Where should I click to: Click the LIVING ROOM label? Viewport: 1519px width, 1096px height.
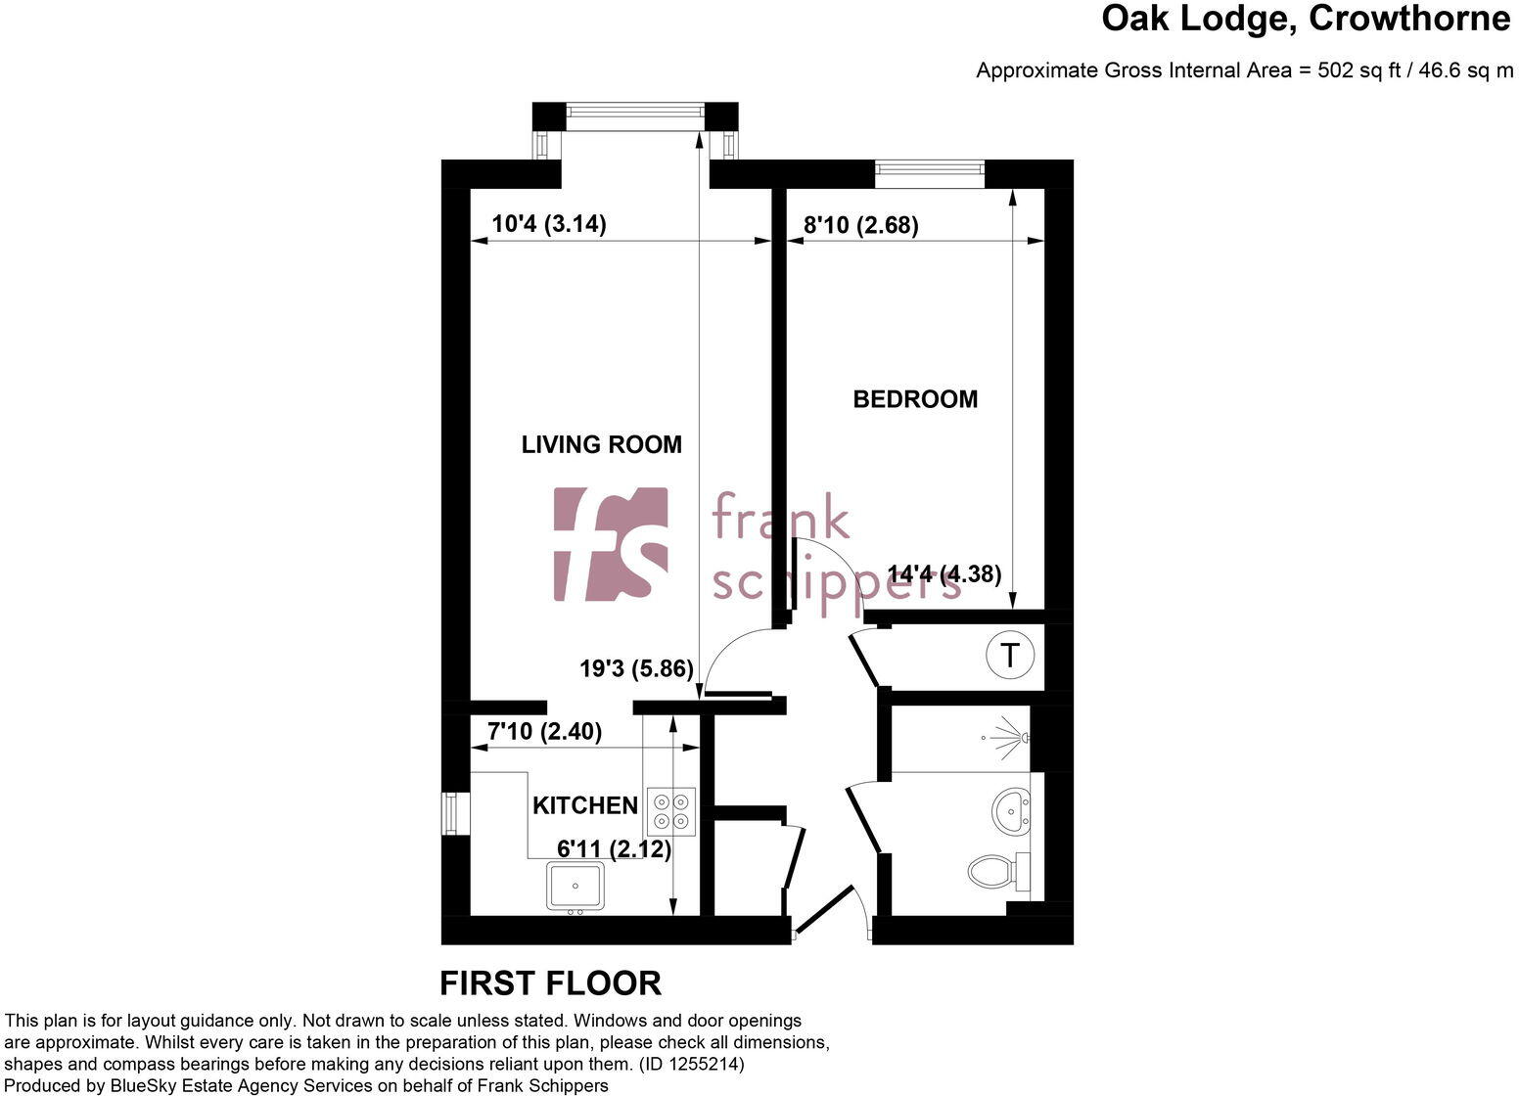tap(601, 444)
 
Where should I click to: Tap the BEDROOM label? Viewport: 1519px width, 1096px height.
tap(915, 399)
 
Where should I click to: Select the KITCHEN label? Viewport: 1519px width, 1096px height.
tap(584, 805)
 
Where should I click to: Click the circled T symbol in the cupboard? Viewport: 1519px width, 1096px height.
tap(1008, 654)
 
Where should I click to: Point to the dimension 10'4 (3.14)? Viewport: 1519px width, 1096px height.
tap(548, 224)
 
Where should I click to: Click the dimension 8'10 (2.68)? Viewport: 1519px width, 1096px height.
tap(860, 225)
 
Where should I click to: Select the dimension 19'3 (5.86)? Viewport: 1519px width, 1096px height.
tap(636, 669)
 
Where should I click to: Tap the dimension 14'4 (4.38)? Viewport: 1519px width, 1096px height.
tap(944, 573)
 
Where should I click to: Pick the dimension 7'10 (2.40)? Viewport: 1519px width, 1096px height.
tap(544, 731)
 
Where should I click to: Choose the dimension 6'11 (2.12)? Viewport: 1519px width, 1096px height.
tap(614, 849)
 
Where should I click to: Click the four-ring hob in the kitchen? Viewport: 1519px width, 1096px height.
tap(671, 811)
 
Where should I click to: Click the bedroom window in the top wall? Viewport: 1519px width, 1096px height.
tap(930, 174)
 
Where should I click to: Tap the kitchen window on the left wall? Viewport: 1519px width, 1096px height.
tap(450, 813)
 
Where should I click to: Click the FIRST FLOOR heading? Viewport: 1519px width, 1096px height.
tap(550, 982)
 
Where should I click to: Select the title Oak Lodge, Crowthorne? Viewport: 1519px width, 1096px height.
tap(1306, 19)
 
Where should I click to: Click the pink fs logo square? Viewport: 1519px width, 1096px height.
tap(611, 543)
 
